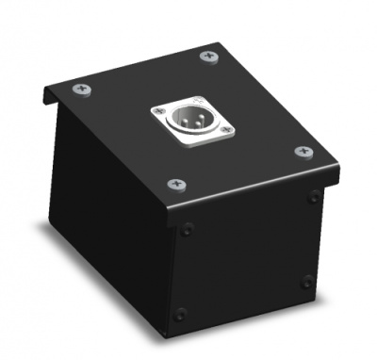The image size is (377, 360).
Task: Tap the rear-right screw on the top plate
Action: (x=208, y=57)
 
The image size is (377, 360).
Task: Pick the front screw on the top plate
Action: (x=174, y=183)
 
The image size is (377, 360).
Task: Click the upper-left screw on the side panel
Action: (x=188, y=229)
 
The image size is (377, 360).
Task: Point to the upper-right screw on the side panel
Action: (x=313, y=197)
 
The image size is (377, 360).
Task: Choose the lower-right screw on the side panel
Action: (x=307, y=281)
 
